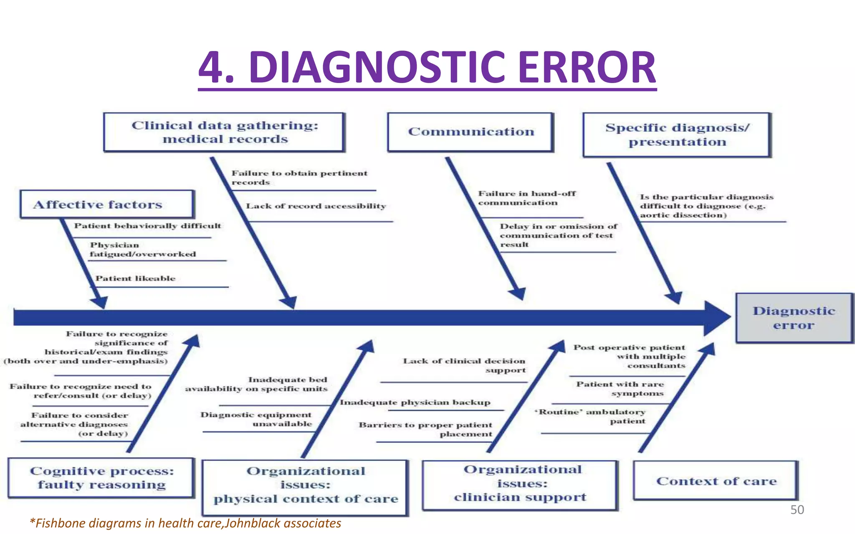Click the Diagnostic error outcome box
tap(794, 318)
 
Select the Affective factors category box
tap(106, 205)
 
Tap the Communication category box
tap(471, 132)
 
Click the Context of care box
tap(716, 481)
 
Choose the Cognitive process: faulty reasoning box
tap(101, 478)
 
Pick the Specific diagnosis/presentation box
tap(677, 135)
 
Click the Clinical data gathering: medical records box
tap(225, 132)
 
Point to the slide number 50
tap(797, 510)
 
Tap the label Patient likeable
tap(135, 278)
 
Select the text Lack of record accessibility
tap(316, 206)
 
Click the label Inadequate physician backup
tap(415, 402)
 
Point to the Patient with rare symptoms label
tap(620, 389)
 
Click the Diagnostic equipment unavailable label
tap(256, 419)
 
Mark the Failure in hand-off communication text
tap(526, 198)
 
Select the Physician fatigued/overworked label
tap(142, 250)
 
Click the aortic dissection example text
tap(683, 215)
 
